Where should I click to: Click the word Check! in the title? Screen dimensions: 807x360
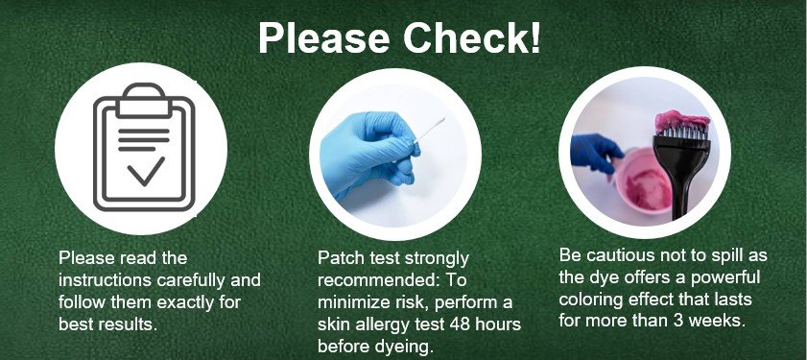(471, 37)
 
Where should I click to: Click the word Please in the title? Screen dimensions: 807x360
(323, 37)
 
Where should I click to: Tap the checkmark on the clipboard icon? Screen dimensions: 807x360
(146, 171)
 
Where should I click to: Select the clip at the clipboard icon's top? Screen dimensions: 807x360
(144, 100)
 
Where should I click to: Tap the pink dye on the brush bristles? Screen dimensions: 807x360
(682, 121)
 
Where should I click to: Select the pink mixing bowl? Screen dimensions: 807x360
(644, 180)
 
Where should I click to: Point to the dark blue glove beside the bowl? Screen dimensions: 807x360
(596, 153)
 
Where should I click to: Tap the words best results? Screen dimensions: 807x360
(107, 324)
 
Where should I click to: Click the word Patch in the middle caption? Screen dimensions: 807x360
(341, 257)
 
